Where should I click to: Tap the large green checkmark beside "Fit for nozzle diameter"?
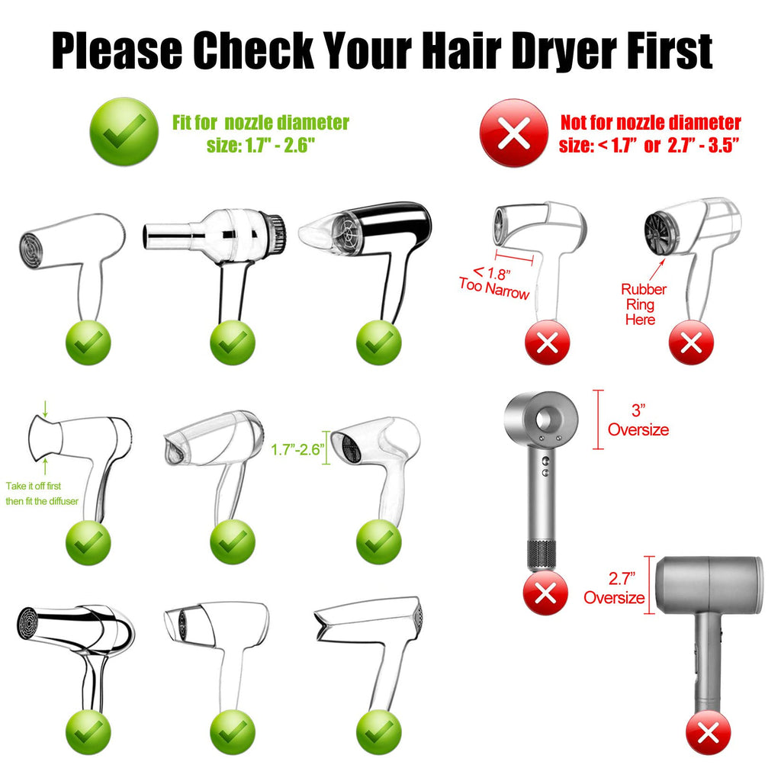point(124,131)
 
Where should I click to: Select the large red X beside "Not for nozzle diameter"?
point(514,133)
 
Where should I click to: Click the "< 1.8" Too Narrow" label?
point(494,282)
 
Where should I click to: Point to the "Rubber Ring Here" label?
point(642,304)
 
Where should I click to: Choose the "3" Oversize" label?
point(638,420)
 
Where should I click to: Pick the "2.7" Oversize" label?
point(614,588)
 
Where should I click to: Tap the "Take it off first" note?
point(34,486)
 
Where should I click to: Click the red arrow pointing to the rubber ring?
point(657,270)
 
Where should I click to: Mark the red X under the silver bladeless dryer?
point(545,593)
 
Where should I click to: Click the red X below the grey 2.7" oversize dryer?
point(709,733)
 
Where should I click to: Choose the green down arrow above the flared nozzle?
point(45,409)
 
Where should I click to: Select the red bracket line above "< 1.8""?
point(514,258)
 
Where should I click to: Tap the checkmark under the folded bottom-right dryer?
point(378,733)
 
